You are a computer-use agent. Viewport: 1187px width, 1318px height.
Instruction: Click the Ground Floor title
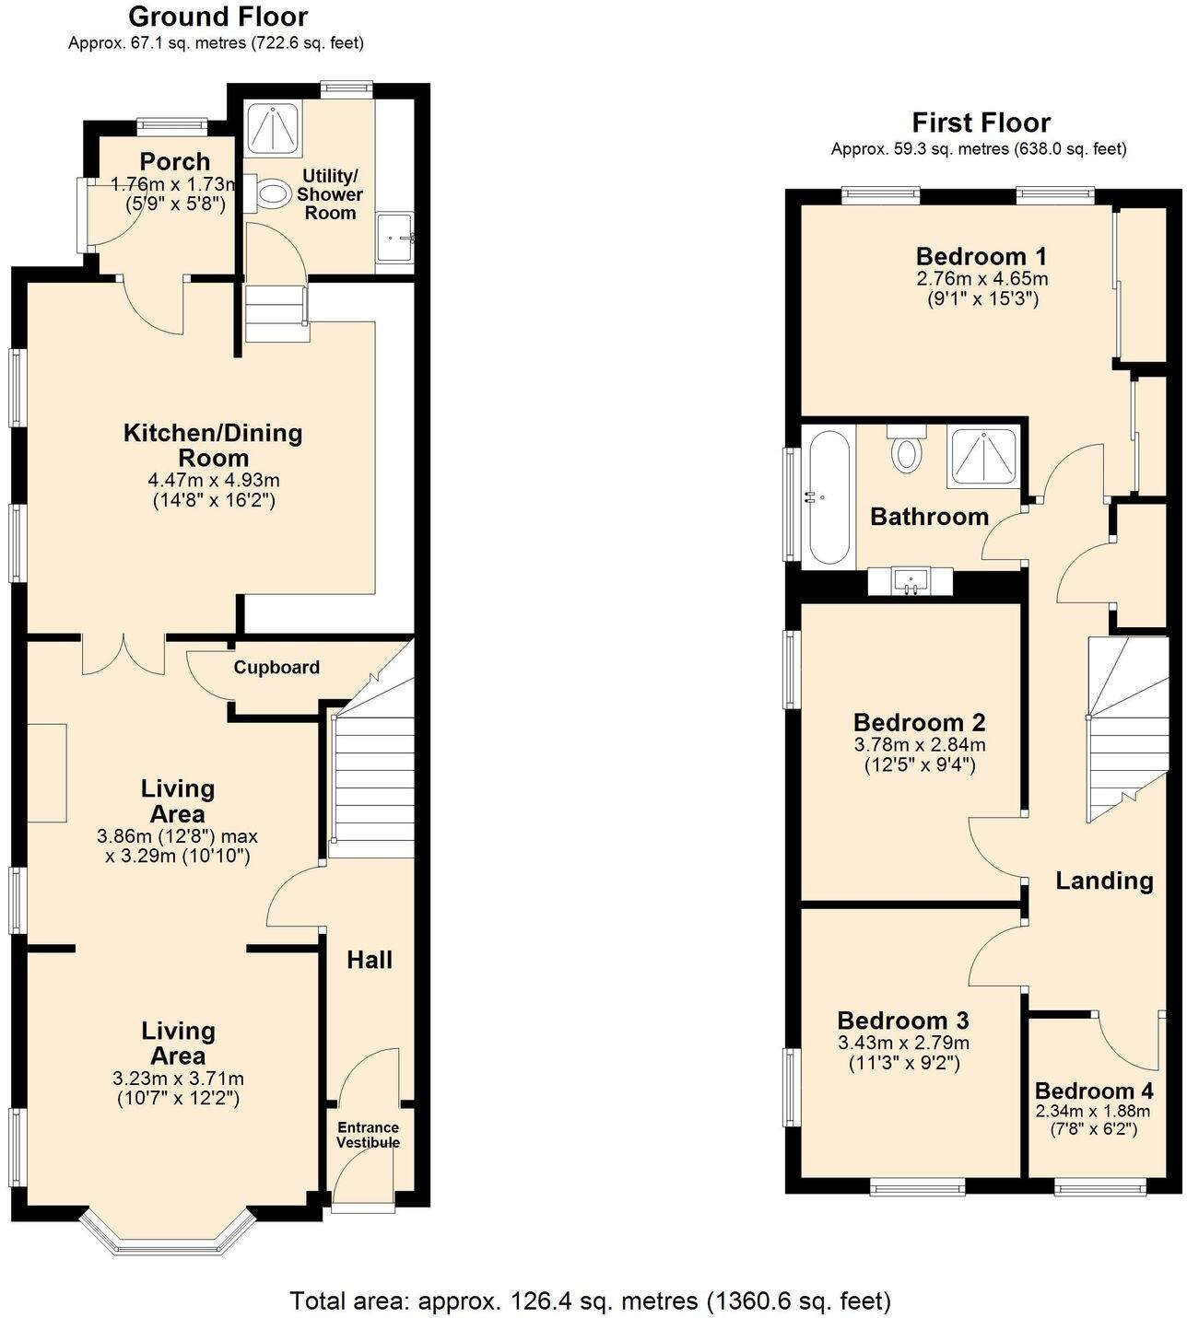[217, 17]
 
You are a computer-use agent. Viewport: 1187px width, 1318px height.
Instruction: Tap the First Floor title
[981, 122]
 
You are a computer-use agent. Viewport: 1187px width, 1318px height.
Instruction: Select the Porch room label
[175, 162]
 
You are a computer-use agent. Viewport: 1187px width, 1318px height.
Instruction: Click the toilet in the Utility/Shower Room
[270, 194]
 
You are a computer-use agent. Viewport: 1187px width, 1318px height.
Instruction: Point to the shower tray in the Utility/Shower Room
[274, 127]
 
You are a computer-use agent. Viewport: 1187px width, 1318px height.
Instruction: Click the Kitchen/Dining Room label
[213, 445]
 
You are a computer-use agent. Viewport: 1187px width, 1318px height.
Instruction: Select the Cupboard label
[276, 668]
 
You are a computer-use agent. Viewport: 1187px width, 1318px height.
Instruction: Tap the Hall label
[370, 960]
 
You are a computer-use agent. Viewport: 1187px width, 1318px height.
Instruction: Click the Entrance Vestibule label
[368, 1135]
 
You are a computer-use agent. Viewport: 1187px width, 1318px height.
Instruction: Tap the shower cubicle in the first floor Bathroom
[982, 458]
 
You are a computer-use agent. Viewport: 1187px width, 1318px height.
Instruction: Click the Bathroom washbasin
[911, 582]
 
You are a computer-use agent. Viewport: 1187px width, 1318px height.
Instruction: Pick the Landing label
[1104, 881]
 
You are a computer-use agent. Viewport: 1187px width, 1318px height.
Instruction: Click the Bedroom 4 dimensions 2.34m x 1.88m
[1093, 1112]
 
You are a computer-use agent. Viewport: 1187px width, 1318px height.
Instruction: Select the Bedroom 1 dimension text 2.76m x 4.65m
[981, 278]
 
